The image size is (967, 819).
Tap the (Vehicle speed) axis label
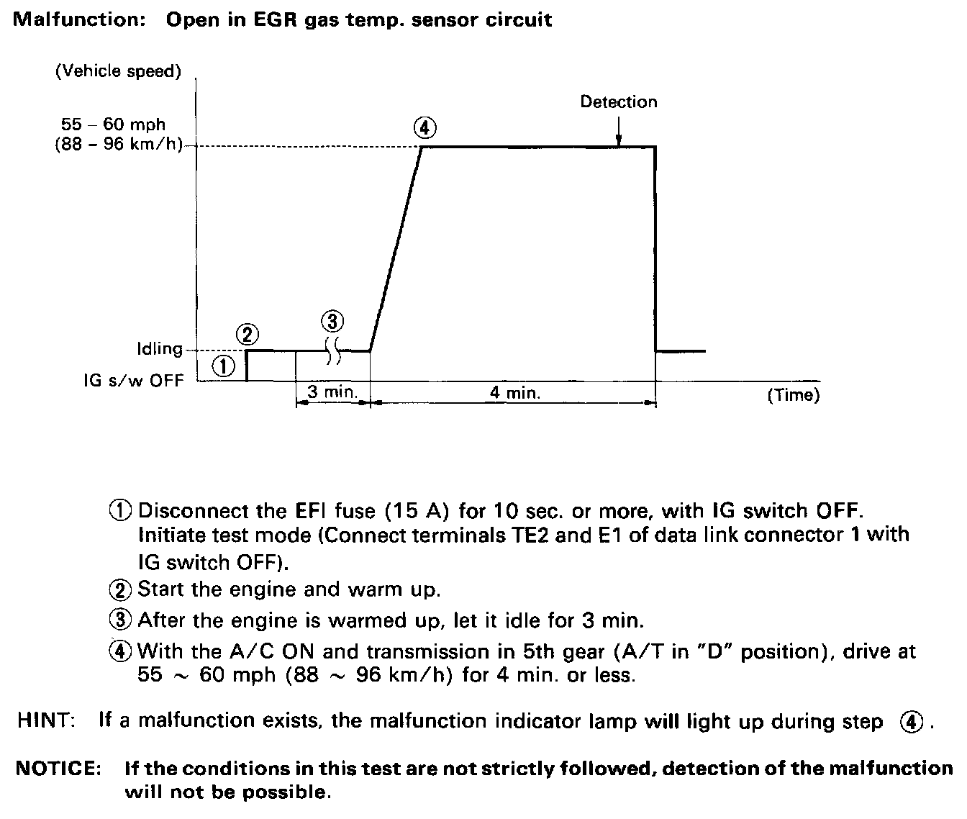click(x=118, y=71)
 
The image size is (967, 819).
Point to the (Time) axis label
click(x=794, y=394)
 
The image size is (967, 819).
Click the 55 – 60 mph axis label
click(x=113, y=125)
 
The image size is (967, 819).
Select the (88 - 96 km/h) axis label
click(x=117, y=144)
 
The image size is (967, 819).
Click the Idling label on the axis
click(x=160, y=349)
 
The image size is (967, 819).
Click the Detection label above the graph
click(x=619, y=102)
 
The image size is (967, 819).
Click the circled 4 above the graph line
click(x=425, y=128)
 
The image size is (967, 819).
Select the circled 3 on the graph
click(x=332, y=320)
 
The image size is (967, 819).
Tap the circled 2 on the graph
click(x=247, y=334)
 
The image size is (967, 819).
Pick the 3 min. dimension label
click(x=328, y=393)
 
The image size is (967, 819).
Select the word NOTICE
click(x=58, y=768)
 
